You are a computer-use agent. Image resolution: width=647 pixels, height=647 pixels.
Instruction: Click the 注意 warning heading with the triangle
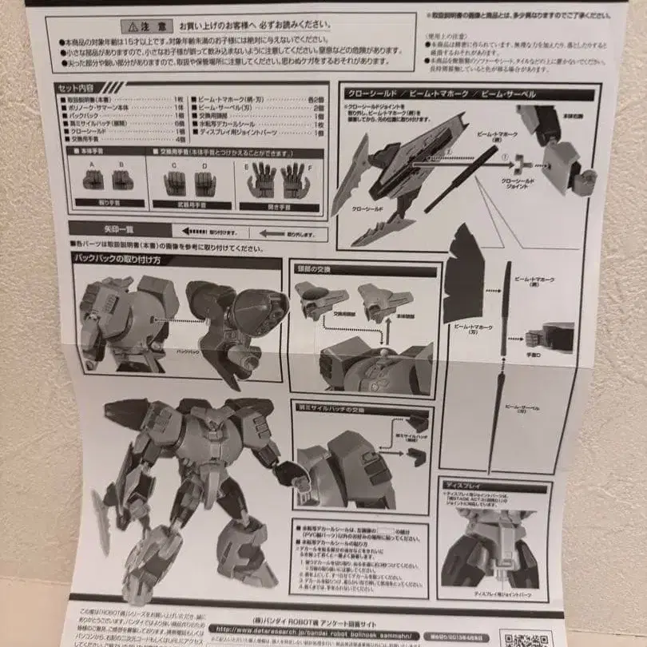(150, 26)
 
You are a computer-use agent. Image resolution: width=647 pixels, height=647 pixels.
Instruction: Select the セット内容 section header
(78, 87)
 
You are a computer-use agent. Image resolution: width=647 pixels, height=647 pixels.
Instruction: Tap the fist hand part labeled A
(93, 180)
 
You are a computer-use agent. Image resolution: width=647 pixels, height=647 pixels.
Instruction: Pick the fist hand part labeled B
(122, 180)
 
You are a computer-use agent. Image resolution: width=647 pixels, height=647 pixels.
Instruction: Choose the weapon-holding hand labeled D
(204, 184)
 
